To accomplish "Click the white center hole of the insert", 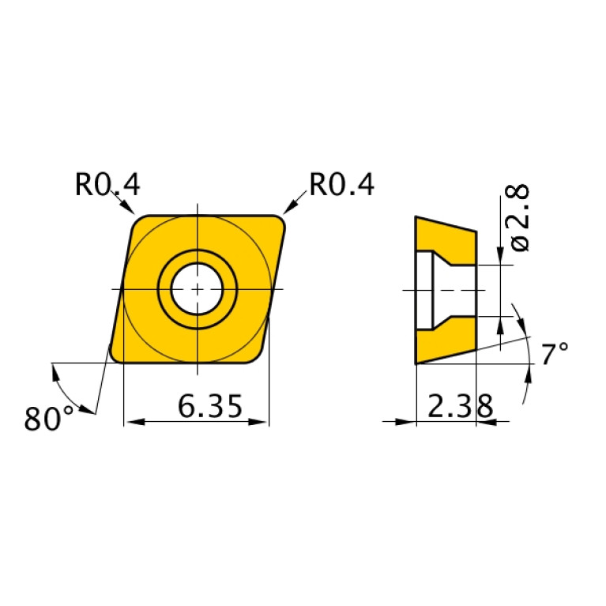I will [x=197, y=289].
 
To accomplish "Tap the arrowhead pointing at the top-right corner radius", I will [x=290, y=208].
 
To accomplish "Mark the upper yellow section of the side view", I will [x=442, y=236].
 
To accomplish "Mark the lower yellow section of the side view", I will [x=442, y=344].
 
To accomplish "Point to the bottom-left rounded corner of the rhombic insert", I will [x=116, y=358].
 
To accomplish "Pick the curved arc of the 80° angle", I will [x=66, y=388].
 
